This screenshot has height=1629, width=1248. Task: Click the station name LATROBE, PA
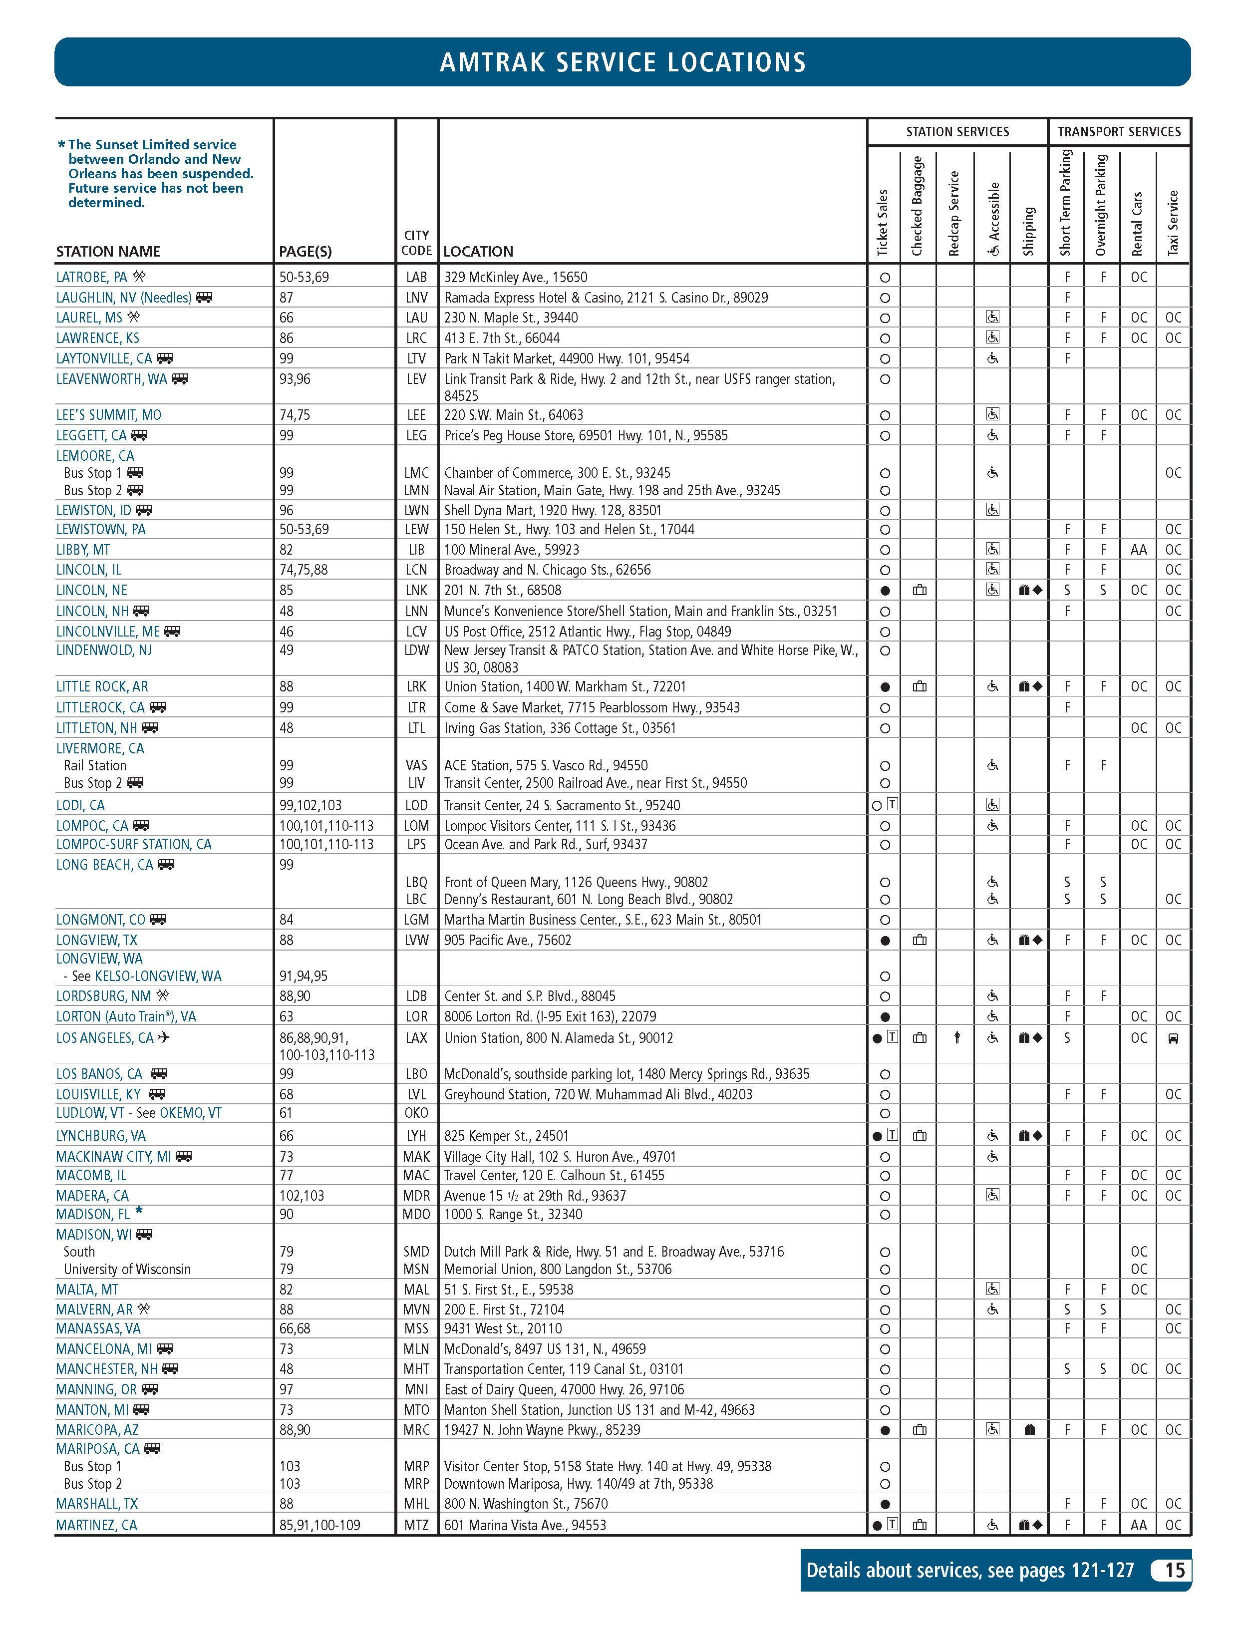91,277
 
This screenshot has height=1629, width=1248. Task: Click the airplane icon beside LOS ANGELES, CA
163,1037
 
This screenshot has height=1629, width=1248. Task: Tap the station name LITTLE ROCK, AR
102,686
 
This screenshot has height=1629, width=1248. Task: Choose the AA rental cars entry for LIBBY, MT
1138,550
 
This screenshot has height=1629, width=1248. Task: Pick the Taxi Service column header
1173,223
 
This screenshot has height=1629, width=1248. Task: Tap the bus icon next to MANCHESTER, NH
170,1368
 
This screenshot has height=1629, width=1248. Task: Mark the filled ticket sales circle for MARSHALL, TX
884,1504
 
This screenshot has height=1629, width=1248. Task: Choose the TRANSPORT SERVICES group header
1119,131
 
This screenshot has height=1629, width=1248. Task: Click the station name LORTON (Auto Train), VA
125,1016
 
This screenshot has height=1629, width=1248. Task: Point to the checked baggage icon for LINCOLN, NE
919,591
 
